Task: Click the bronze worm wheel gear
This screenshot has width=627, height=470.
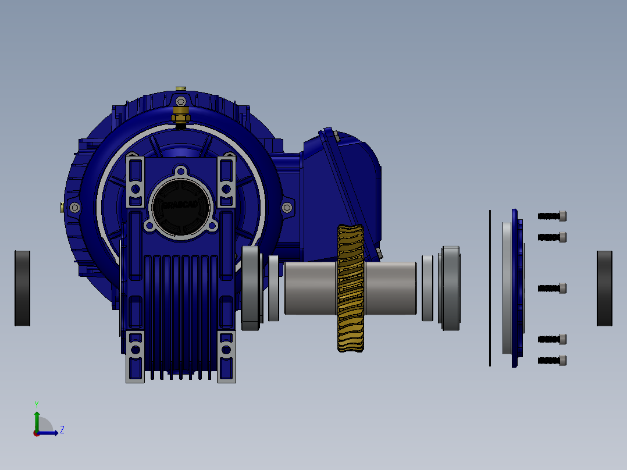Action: click(350, 288)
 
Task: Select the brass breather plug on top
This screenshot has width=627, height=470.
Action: click(180, 112)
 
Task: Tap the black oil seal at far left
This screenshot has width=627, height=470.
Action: click(22, 288)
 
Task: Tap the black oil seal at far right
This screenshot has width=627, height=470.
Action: click(604, 288)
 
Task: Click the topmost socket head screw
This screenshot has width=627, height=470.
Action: click(552, 216)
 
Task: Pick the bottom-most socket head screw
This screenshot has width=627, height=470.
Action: click(552, 361)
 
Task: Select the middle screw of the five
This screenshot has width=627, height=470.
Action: click(552, 288)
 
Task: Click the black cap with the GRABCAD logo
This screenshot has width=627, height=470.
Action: click(180, 205)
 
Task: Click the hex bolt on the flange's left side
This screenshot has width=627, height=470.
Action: click(74, 208)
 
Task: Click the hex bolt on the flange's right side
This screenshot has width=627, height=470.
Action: click(286, 208)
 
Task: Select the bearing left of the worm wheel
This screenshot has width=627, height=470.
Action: click(251, 288)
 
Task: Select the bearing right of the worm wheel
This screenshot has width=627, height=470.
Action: click(451, 288)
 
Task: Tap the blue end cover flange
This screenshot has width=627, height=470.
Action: click(516, 288)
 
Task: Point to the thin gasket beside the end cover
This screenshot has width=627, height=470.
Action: click(490, 288)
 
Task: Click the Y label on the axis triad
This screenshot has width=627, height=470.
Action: click(36, 404)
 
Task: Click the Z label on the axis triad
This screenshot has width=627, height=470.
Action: click(62, 430)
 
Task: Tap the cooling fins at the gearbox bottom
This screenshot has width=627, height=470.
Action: click(180, 314)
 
